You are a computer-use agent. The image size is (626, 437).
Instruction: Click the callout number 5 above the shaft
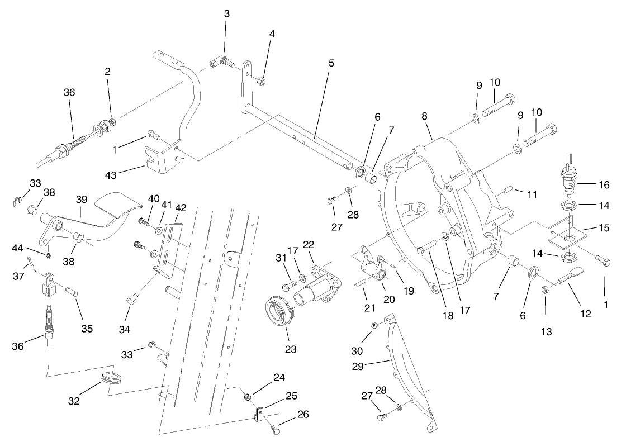click(x=331, y=63)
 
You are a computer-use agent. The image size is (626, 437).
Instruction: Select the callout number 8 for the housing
click(x=424, y=117)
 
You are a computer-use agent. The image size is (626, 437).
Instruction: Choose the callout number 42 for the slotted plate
click(x=180, y=207)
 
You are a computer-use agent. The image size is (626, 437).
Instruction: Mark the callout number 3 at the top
click(x=226, y=13)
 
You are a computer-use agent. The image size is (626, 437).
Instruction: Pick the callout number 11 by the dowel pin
click(x=532, y=194)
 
